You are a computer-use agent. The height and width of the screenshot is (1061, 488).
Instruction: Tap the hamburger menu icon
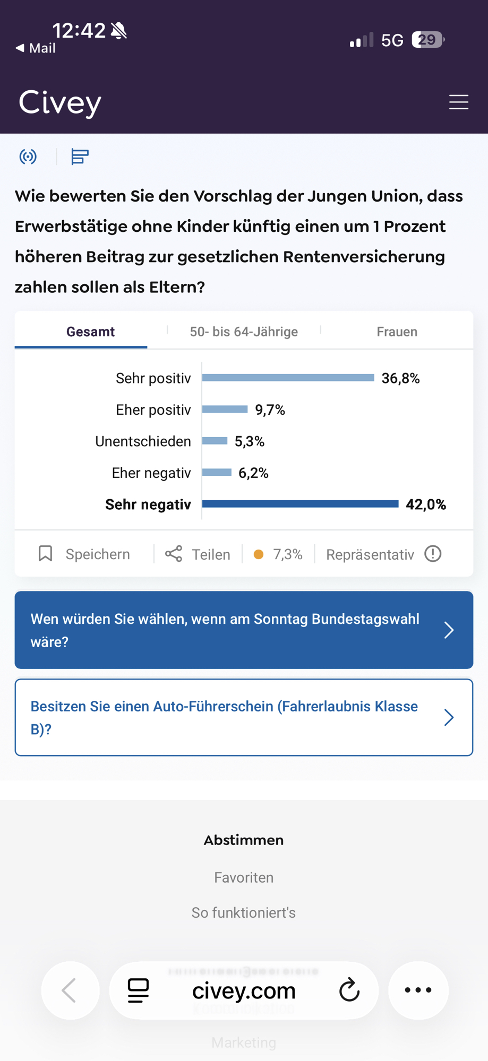(x=458, y=102)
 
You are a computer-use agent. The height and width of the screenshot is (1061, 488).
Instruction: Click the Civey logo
(x=60, y=102)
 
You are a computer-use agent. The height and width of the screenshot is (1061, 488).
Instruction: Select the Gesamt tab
(x=90, y=332)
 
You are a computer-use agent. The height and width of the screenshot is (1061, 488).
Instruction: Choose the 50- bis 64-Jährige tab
(x=244, y=332)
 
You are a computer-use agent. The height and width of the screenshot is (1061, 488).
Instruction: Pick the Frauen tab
(x=397, y=332)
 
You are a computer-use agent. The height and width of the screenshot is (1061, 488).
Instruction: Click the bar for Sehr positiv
(x=288, y=378)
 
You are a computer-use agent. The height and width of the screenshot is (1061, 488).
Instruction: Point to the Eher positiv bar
(x=225, y=409)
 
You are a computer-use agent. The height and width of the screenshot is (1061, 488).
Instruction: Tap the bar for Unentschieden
(x=215, y=441)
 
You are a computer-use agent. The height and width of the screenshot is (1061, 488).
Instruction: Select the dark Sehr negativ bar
(x=300, y=504)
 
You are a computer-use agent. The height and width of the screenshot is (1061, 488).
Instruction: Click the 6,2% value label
(x=253, y=473)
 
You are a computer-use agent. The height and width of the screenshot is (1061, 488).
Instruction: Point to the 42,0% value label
(x=425, y=505)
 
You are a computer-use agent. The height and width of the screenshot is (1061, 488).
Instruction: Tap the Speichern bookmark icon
(x=46, y=554)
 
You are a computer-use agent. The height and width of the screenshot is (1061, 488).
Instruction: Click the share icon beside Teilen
(x=174, y=554)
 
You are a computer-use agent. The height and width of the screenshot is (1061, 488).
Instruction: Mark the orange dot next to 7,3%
(x=259, y=554)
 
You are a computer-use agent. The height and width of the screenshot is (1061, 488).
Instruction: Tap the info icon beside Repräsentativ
(x=433, y=554)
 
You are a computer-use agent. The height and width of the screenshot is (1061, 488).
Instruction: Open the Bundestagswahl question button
(x=244, y=630)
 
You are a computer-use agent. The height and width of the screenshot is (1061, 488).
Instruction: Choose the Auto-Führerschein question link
(x=244, y=717)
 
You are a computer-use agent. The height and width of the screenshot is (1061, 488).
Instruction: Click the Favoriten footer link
(x=244, y=877)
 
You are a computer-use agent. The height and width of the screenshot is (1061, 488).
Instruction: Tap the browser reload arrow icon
(x=349, y=990)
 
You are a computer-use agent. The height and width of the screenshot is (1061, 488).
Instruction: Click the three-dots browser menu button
(x=418, y=990)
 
